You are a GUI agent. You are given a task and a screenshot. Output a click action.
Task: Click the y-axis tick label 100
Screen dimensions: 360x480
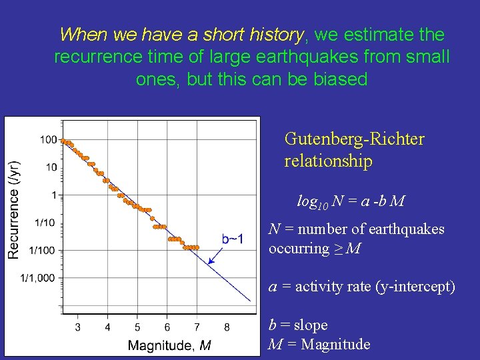(x=47, y=140)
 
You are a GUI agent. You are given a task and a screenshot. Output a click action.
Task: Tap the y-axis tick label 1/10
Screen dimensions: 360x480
(x=45, y=223)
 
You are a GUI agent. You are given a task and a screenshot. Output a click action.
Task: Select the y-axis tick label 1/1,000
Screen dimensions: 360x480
(x=39, y=278)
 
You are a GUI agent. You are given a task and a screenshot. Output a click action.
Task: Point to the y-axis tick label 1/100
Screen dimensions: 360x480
(x=43, y=250)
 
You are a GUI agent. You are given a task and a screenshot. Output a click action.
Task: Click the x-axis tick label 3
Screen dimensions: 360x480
(x=78, y=327)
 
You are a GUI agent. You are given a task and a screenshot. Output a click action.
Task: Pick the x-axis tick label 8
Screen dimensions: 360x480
(x=227, y=327)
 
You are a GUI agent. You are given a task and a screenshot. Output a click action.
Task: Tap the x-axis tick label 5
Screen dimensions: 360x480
(x=137, y=327)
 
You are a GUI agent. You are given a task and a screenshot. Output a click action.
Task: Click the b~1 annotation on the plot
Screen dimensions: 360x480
(x=233, y=239)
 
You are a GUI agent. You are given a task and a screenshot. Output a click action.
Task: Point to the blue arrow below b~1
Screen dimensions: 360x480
(x=217, y=255)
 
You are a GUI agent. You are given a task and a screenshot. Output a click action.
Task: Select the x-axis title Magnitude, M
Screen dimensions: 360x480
(x=169, y=345)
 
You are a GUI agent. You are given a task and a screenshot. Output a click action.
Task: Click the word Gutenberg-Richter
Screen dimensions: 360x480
(x=354, y=139)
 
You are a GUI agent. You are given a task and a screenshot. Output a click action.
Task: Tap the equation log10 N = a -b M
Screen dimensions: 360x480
(x=351, y=201)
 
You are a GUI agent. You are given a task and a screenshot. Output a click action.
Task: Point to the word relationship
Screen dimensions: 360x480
(x=328, y=161)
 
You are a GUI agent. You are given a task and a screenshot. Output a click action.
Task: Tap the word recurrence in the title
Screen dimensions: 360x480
(x=96, y=57)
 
